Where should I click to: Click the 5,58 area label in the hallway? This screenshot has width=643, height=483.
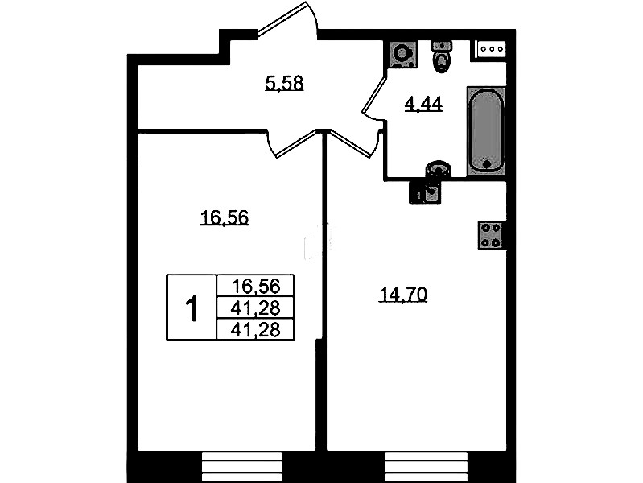coord(284,83)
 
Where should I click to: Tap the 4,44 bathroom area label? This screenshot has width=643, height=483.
coord(423,104)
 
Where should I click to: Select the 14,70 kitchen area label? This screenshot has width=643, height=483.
coord(403,295)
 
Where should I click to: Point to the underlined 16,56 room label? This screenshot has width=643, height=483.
coord(225,217)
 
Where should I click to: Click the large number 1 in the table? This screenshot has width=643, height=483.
coord(192,309)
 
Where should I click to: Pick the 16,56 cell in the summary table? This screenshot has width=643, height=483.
coord(255,286)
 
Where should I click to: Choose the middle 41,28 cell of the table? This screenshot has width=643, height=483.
coord(255,308)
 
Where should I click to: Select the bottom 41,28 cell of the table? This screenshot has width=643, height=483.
coord(255,329)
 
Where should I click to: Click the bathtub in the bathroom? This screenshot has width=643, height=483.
coord(486,131)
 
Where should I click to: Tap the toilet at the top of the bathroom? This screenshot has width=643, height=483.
coord(441,56)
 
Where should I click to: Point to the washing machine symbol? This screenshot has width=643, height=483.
coord(402,54)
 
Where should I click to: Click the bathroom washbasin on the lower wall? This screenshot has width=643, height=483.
coord(439,169)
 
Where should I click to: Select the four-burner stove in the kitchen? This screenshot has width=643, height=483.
coord(491,235)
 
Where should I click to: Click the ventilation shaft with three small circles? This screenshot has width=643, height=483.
coord(490,49)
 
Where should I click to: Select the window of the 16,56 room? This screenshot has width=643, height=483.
coord(242,467)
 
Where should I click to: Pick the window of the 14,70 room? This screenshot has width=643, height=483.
coord(426,467)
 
